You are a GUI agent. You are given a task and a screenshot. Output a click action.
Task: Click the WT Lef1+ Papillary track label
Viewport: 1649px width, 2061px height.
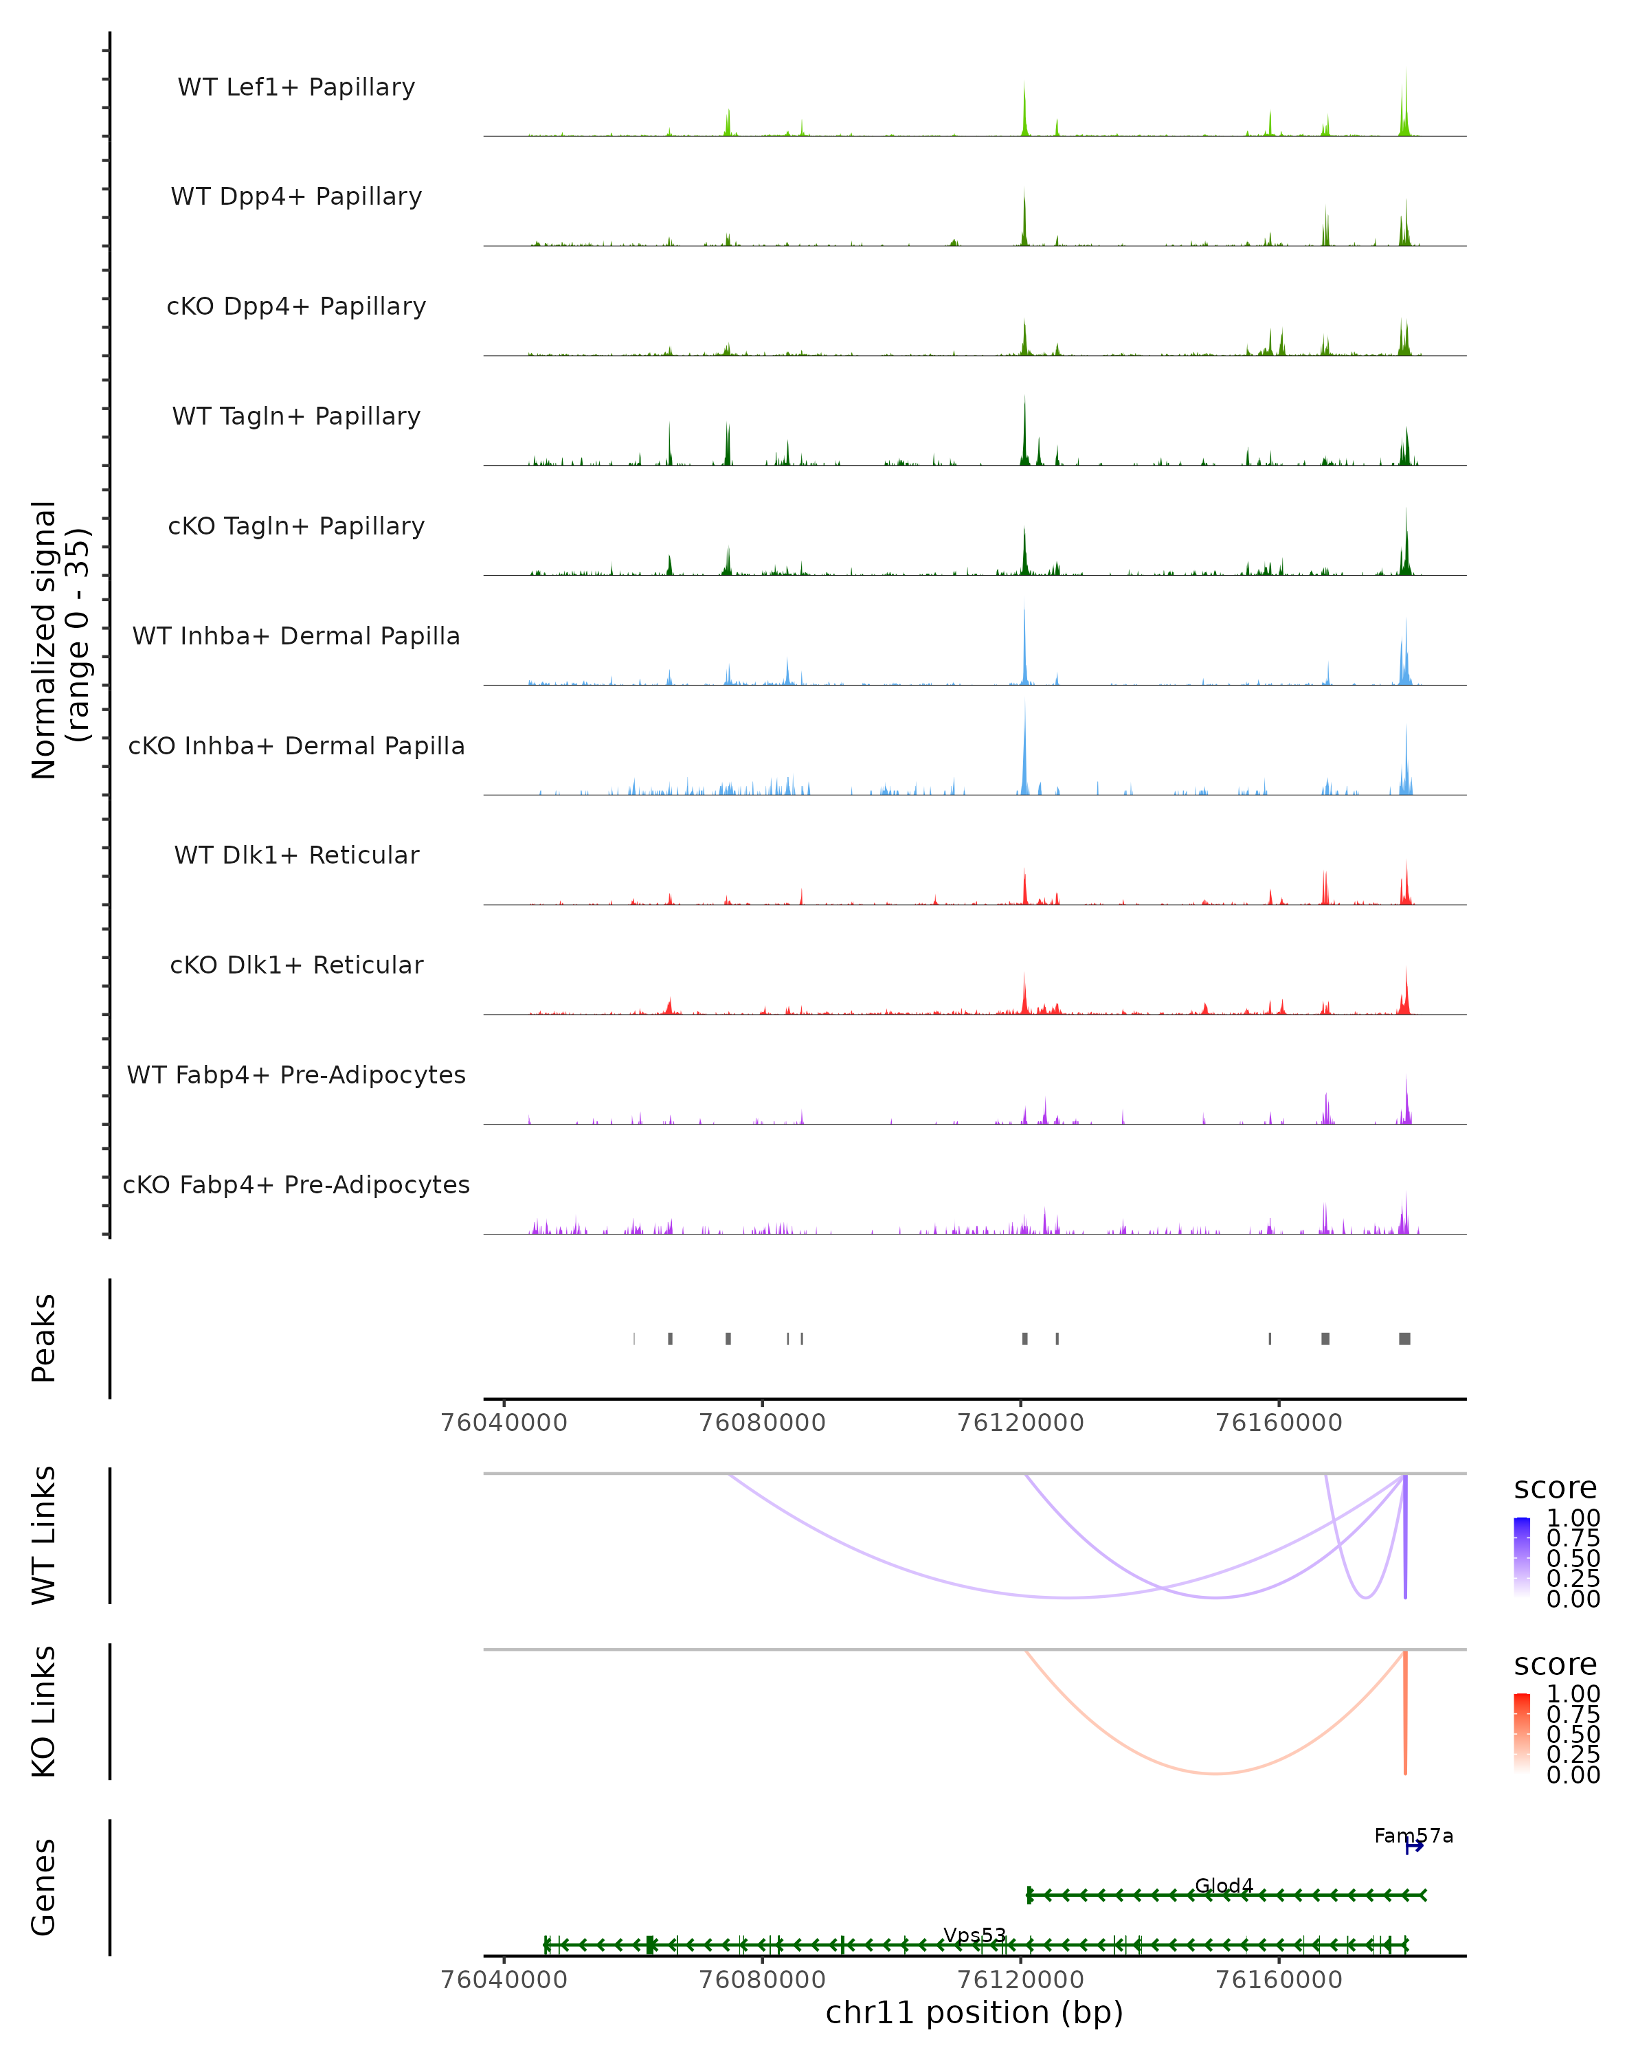(x=296, y=87)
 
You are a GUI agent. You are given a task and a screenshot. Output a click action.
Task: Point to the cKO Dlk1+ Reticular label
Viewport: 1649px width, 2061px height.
(x=296, y=965)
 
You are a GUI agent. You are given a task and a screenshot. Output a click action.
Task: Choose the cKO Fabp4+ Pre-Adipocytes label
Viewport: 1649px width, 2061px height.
(x=296, y=1184)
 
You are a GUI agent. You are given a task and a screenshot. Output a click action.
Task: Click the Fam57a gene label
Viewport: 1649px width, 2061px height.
(x=1413, y=1836)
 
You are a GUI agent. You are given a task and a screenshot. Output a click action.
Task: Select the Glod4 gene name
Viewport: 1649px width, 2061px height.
(x=1224, y=1885)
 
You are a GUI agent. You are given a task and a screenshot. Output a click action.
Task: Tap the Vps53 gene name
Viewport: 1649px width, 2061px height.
(x=974, y=1935)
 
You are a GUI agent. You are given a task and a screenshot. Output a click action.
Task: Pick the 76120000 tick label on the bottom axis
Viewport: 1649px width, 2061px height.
(x=1020, y=1980)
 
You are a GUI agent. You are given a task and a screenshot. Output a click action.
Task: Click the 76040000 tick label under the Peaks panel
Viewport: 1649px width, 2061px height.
(x=504, y=1423)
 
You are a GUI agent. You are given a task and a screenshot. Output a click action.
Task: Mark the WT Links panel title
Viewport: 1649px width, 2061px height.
(x=44, y=1535)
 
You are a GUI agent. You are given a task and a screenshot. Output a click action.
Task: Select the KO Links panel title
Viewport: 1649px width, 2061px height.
(x=44, y=1711)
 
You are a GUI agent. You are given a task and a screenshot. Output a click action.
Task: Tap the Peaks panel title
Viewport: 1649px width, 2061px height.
(x=44, y=1338)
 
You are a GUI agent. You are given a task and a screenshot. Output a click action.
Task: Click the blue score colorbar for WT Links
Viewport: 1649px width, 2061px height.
(x=1522, y=1557)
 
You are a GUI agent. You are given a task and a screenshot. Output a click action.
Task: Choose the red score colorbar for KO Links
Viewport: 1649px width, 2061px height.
(x=1522, y=1733)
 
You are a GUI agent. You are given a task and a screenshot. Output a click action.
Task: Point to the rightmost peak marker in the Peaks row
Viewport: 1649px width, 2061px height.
(x=1404, y=1338)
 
